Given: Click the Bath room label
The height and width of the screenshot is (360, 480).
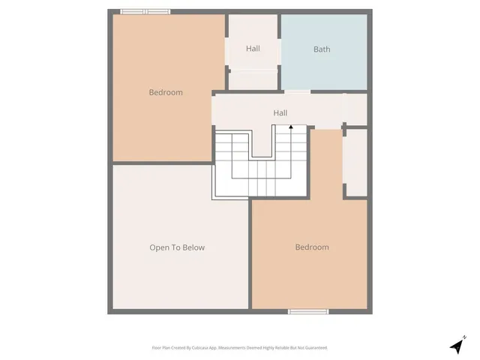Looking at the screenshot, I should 322,49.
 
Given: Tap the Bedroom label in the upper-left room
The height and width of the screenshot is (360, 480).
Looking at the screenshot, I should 166,92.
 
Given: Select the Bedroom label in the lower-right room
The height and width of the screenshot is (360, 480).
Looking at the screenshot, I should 311,247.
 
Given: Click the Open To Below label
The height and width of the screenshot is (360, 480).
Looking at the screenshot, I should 177,247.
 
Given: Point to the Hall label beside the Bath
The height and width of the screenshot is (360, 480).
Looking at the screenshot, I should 253,49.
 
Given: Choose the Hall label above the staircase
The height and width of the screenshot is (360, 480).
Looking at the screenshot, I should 280,113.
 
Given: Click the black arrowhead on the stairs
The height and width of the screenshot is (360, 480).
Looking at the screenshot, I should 291,127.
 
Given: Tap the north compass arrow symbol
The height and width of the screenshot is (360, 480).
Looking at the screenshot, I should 457,346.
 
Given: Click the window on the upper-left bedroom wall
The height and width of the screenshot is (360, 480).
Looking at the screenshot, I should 145,11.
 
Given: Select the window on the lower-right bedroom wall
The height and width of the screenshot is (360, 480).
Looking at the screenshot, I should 308,311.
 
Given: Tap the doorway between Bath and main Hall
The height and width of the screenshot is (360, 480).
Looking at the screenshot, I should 297,91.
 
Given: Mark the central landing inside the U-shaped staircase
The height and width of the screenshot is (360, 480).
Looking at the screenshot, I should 262,142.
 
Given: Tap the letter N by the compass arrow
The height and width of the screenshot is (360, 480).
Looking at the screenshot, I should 465,337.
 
